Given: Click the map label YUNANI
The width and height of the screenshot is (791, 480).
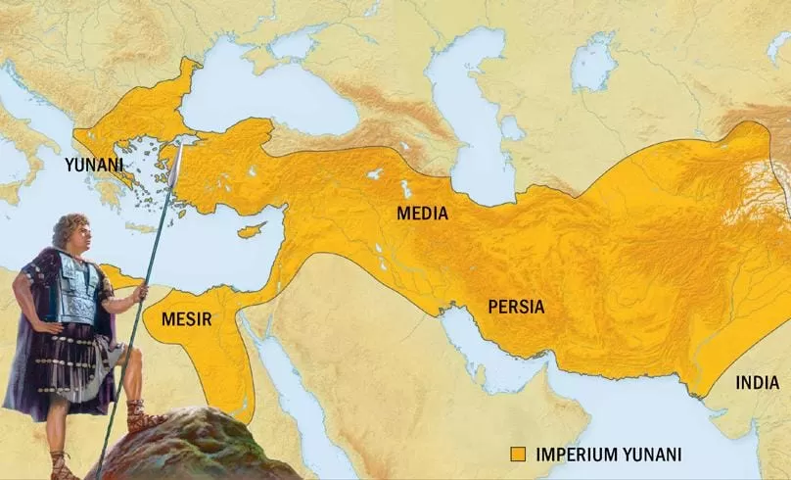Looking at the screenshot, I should pos(95,166).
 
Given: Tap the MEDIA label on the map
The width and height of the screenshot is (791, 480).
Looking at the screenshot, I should pos(422,213).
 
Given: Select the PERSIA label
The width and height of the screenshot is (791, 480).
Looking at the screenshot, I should pos(516,307).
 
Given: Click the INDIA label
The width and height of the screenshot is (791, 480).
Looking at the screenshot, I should pos(758,382).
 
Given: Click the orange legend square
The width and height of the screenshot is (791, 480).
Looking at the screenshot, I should pos(519,454).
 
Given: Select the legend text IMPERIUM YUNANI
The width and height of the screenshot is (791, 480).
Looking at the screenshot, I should pos(598,454).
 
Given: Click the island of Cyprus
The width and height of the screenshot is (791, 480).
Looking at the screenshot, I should pos(253,231).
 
